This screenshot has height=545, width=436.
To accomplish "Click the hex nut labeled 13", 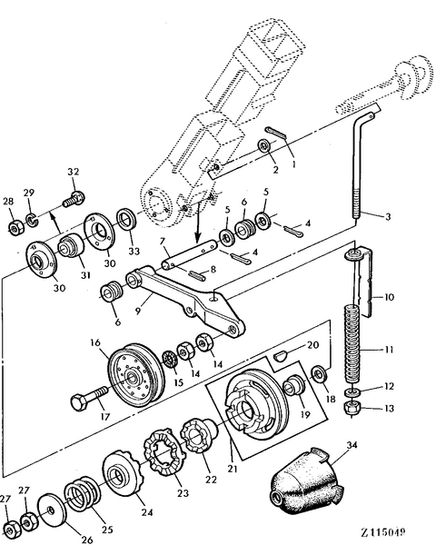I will click(x=353, y=409).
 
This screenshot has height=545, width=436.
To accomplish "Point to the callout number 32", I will click(x=74, y=171).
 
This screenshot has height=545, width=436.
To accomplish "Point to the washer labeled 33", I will click(x=126, y=219).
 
